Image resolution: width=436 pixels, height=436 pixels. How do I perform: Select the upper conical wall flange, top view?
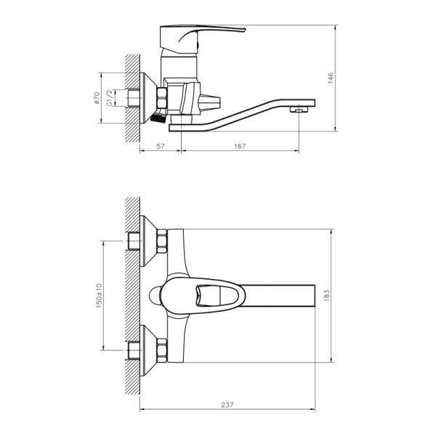pyautogui.click(x=150, y=239)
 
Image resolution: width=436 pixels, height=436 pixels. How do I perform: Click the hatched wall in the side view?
pyautogui.click(x=131, y=94)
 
